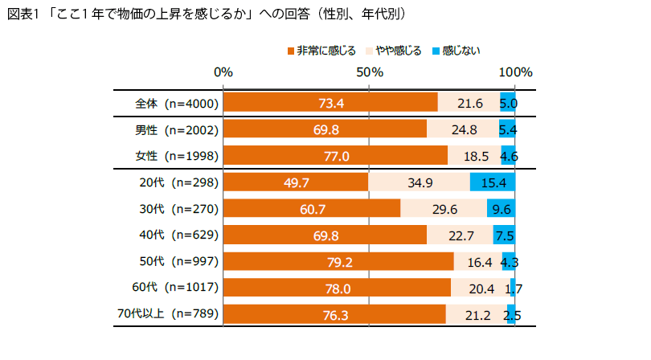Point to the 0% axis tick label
pos(223,72)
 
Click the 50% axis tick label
pos(369,72)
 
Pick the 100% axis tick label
pos(515,72)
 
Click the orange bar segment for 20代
pos(295,182)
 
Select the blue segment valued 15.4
pos(492,182)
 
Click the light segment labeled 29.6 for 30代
pos(443,209)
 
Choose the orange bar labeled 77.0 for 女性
pos(335,155)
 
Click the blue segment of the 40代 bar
pos(504,235)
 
